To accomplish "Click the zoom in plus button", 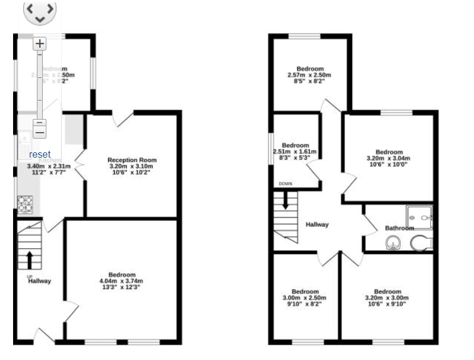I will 39,43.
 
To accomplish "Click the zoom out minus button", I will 39,129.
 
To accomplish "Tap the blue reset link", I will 40,154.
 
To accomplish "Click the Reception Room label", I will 132,160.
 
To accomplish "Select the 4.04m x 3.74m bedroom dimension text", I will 121,281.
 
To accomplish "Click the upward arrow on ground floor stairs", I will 29,259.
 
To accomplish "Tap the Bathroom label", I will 399,228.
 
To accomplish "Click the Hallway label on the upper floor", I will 317,224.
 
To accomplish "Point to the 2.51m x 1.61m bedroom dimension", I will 295,152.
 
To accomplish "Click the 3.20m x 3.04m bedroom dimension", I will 389,159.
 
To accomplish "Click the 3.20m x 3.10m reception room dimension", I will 132,167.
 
